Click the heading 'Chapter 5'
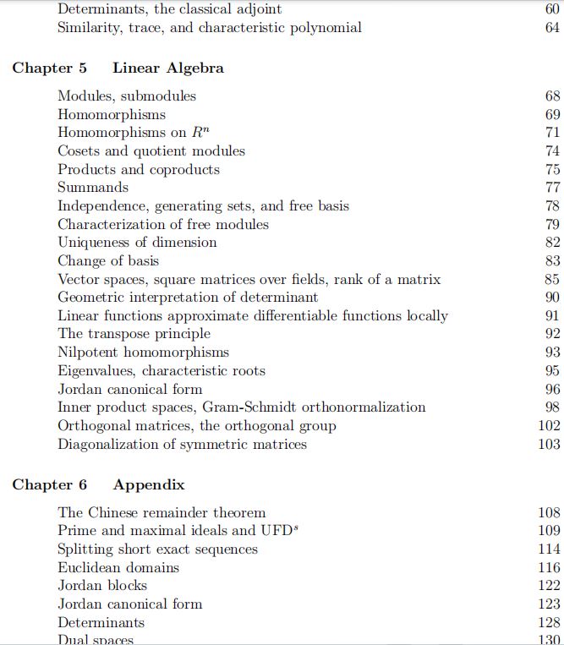pos(49,68)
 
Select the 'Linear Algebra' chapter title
pos(168,68)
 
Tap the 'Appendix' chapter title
pos(149,485)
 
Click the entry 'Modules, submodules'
pos(127,96)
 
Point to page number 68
pos(553,96)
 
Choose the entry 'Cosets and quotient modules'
pos(151,151)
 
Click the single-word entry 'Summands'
pos(93,188)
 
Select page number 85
pos(553,279)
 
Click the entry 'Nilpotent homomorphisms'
pos(143,353)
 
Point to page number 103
pos(549,444)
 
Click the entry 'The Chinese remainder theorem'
pos(162,513)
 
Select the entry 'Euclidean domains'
pos(118,568)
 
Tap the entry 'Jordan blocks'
pos(102,586)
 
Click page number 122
pos(549,586)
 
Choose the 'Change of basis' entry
pos(108,261)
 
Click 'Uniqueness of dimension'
pos(137,243)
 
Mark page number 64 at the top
pos(553,28)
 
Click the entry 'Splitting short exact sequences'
pos(157,549)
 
